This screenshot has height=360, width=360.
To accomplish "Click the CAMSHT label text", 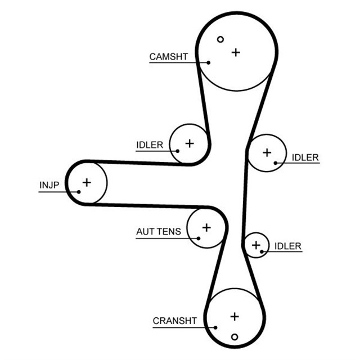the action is [x=169, y=57].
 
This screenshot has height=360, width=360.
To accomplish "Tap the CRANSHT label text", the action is [x=175, y=321].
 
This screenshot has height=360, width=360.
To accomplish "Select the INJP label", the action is [x=49, y=185].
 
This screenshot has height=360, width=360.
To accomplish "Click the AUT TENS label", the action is [x=159, y=231].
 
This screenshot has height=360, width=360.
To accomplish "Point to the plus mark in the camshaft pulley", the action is [x=236, y=52].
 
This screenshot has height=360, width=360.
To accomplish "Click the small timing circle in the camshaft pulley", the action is [x=220, y=39].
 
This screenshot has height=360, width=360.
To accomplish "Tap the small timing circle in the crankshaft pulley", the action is [x=235, y=337].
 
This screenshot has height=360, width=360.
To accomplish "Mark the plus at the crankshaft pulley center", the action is [x=235, y=317].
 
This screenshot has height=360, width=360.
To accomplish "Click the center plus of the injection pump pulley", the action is [x=87, y=182].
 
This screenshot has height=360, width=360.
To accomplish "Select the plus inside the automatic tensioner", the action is [x=206, y=227].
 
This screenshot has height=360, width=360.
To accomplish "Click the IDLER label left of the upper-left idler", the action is [x=150, y=145].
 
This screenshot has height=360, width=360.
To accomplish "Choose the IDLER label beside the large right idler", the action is [x=305, y=157].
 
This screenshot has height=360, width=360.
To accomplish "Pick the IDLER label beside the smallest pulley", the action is [x=288, y=246].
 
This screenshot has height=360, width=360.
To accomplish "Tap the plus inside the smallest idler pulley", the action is [x=256, y=245].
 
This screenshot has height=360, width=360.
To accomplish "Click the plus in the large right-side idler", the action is [x=267, y=152].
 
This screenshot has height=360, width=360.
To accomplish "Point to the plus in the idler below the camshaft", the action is [x=190, y=143].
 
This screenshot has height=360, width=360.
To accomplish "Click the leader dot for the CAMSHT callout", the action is [x=209, y=62].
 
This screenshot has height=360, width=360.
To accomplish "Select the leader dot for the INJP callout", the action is [x=79, y=192].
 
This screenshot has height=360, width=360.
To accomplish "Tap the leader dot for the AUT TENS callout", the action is [x=199, y=238].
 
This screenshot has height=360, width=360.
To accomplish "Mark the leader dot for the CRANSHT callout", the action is [x=215, y=327].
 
